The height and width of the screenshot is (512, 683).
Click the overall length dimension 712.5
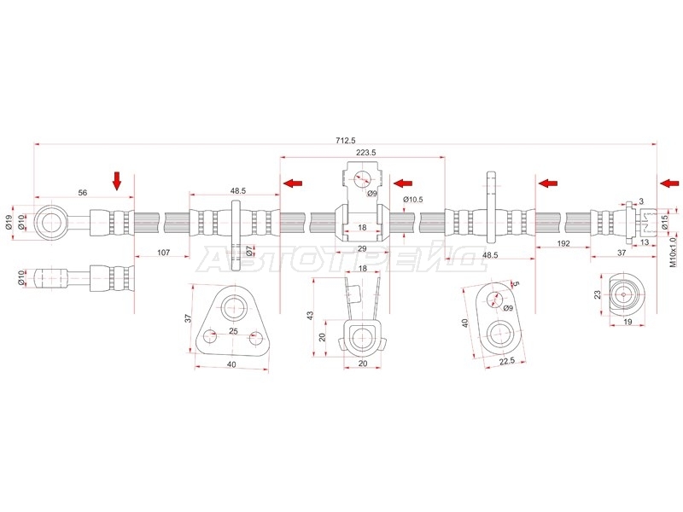click(x=346, y=140)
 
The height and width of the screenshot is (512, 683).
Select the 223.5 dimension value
click(x=366, y=153)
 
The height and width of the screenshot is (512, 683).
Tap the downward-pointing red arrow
click(x=117, y=181)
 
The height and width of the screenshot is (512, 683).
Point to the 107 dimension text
click(x=163, y=252)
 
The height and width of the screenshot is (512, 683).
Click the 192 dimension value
click(x=563, y=243)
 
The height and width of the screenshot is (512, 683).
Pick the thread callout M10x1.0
click(x=674, y=252)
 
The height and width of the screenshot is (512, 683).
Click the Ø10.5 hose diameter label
click(x=413, y=200)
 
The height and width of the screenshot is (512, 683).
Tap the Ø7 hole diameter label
click(x=248, y=250)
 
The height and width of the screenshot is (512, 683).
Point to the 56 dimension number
click(x=83, y=193)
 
